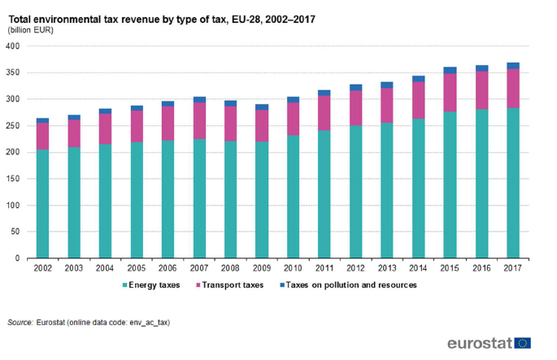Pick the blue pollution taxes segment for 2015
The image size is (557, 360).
[450, 71]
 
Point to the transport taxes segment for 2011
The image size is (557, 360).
[324, 113]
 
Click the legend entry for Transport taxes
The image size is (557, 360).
[231, 285]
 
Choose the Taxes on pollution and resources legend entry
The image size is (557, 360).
[348, 285]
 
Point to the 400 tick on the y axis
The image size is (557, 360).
[12, 46]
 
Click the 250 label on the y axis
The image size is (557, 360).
[12, 126]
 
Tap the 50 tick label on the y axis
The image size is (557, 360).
[15, 232]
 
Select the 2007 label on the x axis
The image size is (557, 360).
[199, 267]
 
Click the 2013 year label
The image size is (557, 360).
[387, 267]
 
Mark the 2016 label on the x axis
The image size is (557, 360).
[481, 267]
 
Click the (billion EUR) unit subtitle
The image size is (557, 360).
[31, 29]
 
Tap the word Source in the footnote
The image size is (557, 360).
[20, 323]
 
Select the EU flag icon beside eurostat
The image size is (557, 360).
[522, 343]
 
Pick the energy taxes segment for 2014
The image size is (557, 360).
[419, 189]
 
